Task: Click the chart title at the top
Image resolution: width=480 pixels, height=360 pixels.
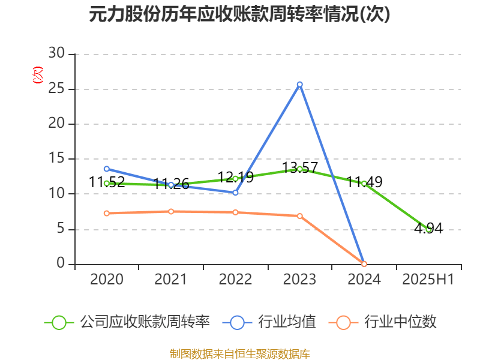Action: (x=239, y=14)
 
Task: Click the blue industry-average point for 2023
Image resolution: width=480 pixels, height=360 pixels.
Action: (x=299, y=85)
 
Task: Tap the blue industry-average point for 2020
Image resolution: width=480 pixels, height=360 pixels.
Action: (x=106, y=169)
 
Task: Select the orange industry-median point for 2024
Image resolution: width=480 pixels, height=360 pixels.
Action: (x=364, y=264)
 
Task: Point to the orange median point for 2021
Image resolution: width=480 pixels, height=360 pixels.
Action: (x=171, y=211)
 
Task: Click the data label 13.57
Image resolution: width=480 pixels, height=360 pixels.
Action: (x=301, y=167)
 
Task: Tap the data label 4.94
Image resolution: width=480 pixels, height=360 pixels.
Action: (x=428, y=228)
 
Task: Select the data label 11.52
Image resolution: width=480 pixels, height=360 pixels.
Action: (x=107, y=182)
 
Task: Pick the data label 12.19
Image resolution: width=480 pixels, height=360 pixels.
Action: (x=236, y=177)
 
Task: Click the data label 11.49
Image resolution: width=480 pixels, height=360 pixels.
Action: (x=364, y=182)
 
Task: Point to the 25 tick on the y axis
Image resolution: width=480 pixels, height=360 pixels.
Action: (x=58, y=89)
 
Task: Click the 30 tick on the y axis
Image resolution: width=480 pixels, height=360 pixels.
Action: (x=58, y=54)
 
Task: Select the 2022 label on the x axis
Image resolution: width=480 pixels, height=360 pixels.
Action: (x=235, y=280)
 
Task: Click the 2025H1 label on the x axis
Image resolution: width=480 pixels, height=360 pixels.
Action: (x=428, y=280)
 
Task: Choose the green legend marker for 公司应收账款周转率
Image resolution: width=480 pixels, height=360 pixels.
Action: (x=59, y=322)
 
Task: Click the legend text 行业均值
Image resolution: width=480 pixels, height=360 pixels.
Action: (x=287, y=322)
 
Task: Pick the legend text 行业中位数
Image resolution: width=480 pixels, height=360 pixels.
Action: (x=402, y=322)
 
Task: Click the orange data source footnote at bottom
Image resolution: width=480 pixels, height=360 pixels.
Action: (x=240, y=353)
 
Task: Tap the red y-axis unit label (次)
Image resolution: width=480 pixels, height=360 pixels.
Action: (x=38, y=76)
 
